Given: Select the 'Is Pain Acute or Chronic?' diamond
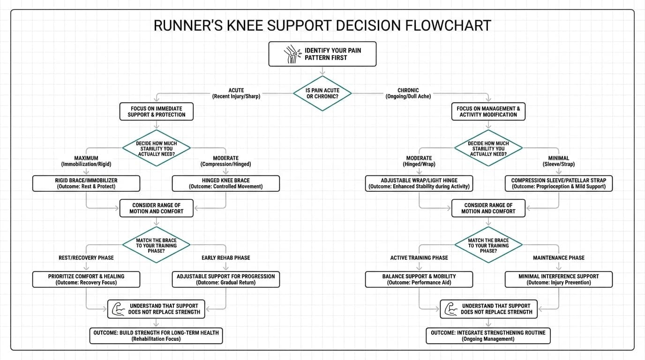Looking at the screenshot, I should [322, 93].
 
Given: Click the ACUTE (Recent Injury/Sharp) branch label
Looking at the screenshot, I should [236, 93].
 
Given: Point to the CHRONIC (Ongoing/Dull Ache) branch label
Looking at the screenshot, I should [408, 93].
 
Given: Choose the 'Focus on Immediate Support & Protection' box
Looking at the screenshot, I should [156, 112].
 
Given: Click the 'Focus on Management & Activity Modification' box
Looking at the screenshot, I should [488, 112].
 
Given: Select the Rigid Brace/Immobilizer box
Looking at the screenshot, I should [86, 183].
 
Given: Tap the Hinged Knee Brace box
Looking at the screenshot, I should [225, 183].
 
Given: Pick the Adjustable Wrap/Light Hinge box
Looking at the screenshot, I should [419, 183].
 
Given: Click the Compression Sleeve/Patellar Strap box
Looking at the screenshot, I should [558, 183].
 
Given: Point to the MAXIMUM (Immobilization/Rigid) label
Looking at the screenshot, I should [86, 161].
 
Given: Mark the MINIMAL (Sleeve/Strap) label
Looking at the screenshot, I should [558, 161].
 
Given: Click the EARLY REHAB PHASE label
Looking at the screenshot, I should [225, 258].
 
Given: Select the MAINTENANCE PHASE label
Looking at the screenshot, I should [558, 258].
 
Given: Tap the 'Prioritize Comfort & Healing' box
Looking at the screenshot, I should [86, 279].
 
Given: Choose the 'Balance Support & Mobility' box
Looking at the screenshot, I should [419, 279].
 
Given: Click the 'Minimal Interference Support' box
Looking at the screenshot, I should [558, 279].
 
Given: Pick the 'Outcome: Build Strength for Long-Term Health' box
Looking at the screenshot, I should [156, 336].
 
